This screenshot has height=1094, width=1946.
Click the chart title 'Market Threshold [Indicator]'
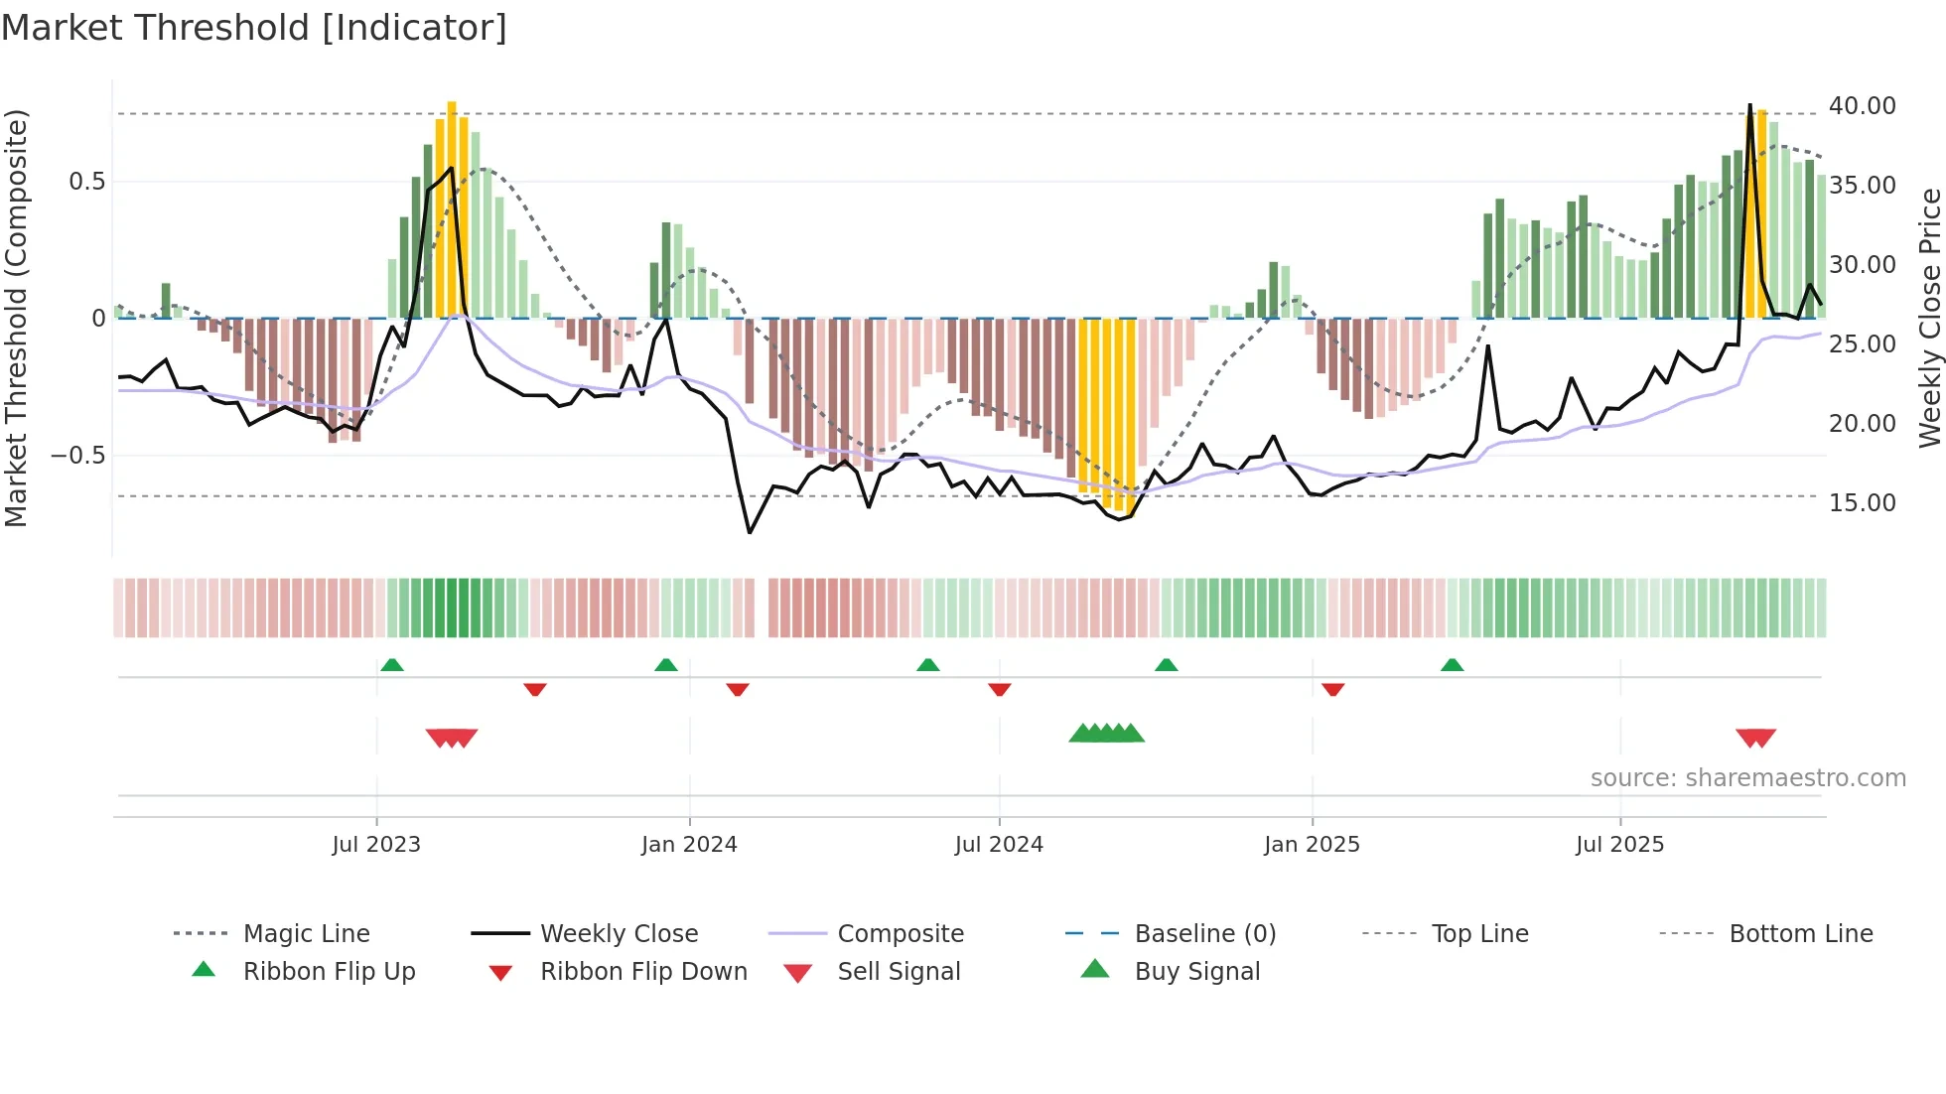coord(254,28)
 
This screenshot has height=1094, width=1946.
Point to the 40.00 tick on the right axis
coord(1862,106)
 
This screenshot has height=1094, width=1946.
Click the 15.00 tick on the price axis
coord(1862,503)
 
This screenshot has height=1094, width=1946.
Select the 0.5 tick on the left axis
coord(86,182)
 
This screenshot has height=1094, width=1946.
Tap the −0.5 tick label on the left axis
coord(78,456)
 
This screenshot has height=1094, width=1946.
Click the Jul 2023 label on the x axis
coord(376,845)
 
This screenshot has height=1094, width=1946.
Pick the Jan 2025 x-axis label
coord(1312,845)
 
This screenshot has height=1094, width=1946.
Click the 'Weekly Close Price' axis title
coord(1929,318)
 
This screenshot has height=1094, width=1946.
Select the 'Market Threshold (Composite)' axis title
coord(16,318)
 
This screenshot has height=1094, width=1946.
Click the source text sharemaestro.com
coord(1747,778)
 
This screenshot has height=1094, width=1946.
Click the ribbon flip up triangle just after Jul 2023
coord(392,665)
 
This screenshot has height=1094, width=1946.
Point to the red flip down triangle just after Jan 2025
coord(1333,689)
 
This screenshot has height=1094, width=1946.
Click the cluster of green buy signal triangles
coord(1106,734)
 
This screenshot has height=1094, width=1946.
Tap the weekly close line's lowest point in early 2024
coord(750,533)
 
